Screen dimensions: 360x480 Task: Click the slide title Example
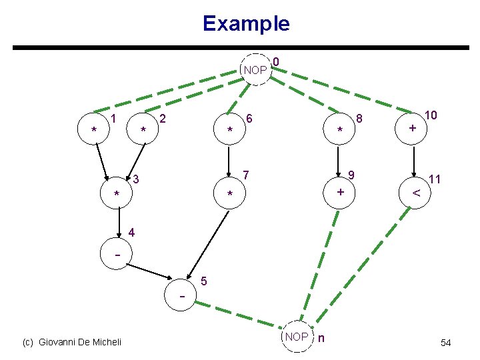(x=246, y=24)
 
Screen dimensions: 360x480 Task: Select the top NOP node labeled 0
(x=255, y=70)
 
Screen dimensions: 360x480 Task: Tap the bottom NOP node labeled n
(x=297, y=337)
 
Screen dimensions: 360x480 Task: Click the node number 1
(x=114, y=119)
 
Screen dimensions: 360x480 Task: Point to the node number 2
(x=164, y=119)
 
